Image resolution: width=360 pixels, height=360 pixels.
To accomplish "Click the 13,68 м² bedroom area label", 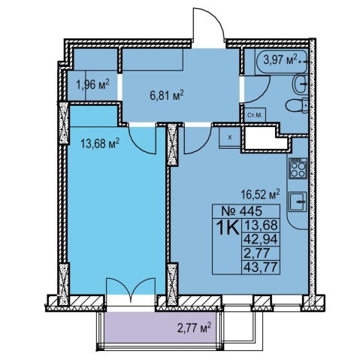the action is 100,144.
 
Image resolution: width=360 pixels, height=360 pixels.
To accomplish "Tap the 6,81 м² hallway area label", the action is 167,95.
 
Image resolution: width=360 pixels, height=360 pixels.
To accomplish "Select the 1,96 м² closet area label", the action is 92,85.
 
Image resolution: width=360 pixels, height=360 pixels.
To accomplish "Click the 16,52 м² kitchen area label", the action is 260,194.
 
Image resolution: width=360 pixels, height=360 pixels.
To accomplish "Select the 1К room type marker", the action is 228,228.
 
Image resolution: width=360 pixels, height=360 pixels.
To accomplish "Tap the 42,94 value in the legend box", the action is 261,239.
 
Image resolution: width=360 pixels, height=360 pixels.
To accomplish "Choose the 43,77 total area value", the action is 261,268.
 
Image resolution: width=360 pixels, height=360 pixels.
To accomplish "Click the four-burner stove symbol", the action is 298,168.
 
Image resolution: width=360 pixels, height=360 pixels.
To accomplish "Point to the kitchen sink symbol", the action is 298,201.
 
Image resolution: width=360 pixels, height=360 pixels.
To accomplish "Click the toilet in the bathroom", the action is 296,105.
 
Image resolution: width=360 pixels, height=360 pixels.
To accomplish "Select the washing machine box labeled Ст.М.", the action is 255,115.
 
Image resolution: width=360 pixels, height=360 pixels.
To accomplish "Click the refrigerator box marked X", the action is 230,138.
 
